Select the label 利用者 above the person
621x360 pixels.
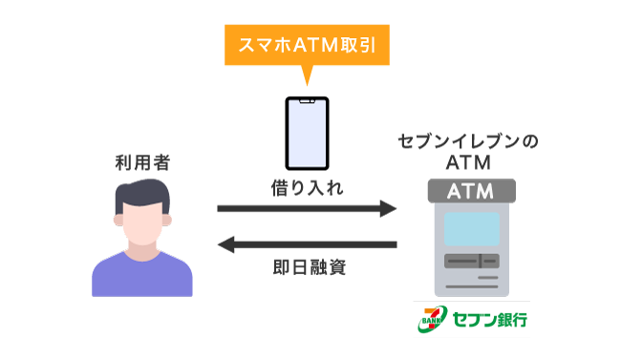coord(140,159)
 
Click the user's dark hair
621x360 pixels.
coord(142,192)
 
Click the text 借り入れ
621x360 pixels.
coord(309,188)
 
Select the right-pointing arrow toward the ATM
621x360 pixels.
coord(307,208)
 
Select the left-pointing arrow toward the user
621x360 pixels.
coord(307,246)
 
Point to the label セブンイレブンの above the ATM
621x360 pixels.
coord(468,142)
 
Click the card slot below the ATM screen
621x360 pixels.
coord(468,261)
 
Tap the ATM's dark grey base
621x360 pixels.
coord(468,286)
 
